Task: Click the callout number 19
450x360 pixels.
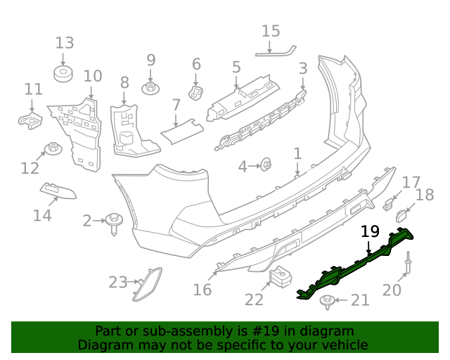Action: click(x=370, y=231)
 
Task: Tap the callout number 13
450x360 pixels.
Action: click(x=64, y=41)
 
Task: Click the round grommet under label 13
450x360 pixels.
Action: click(x=64, y=73)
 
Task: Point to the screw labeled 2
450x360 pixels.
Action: click(x=114, y=221)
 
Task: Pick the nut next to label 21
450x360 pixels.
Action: click(x=328, y=302)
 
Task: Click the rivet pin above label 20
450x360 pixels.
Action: click(x=408, y=267)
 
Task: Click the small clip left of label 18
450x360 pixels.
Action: click(x=401, y=214)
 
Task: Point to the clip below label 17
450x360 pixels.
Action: click(x=388, y=205)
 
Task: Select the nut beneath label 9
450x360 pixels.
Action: click(x=150, y=88)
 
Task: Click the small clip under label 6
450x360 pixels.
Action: click(x=196, y=92)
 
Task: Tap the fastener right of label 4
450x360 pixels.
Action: click(x=266, y=165)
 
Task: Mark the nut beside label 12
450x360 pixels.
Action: click(x=52, y=148)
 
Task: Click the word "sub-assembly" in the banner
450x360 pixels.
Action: click(x=176, y=331)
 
